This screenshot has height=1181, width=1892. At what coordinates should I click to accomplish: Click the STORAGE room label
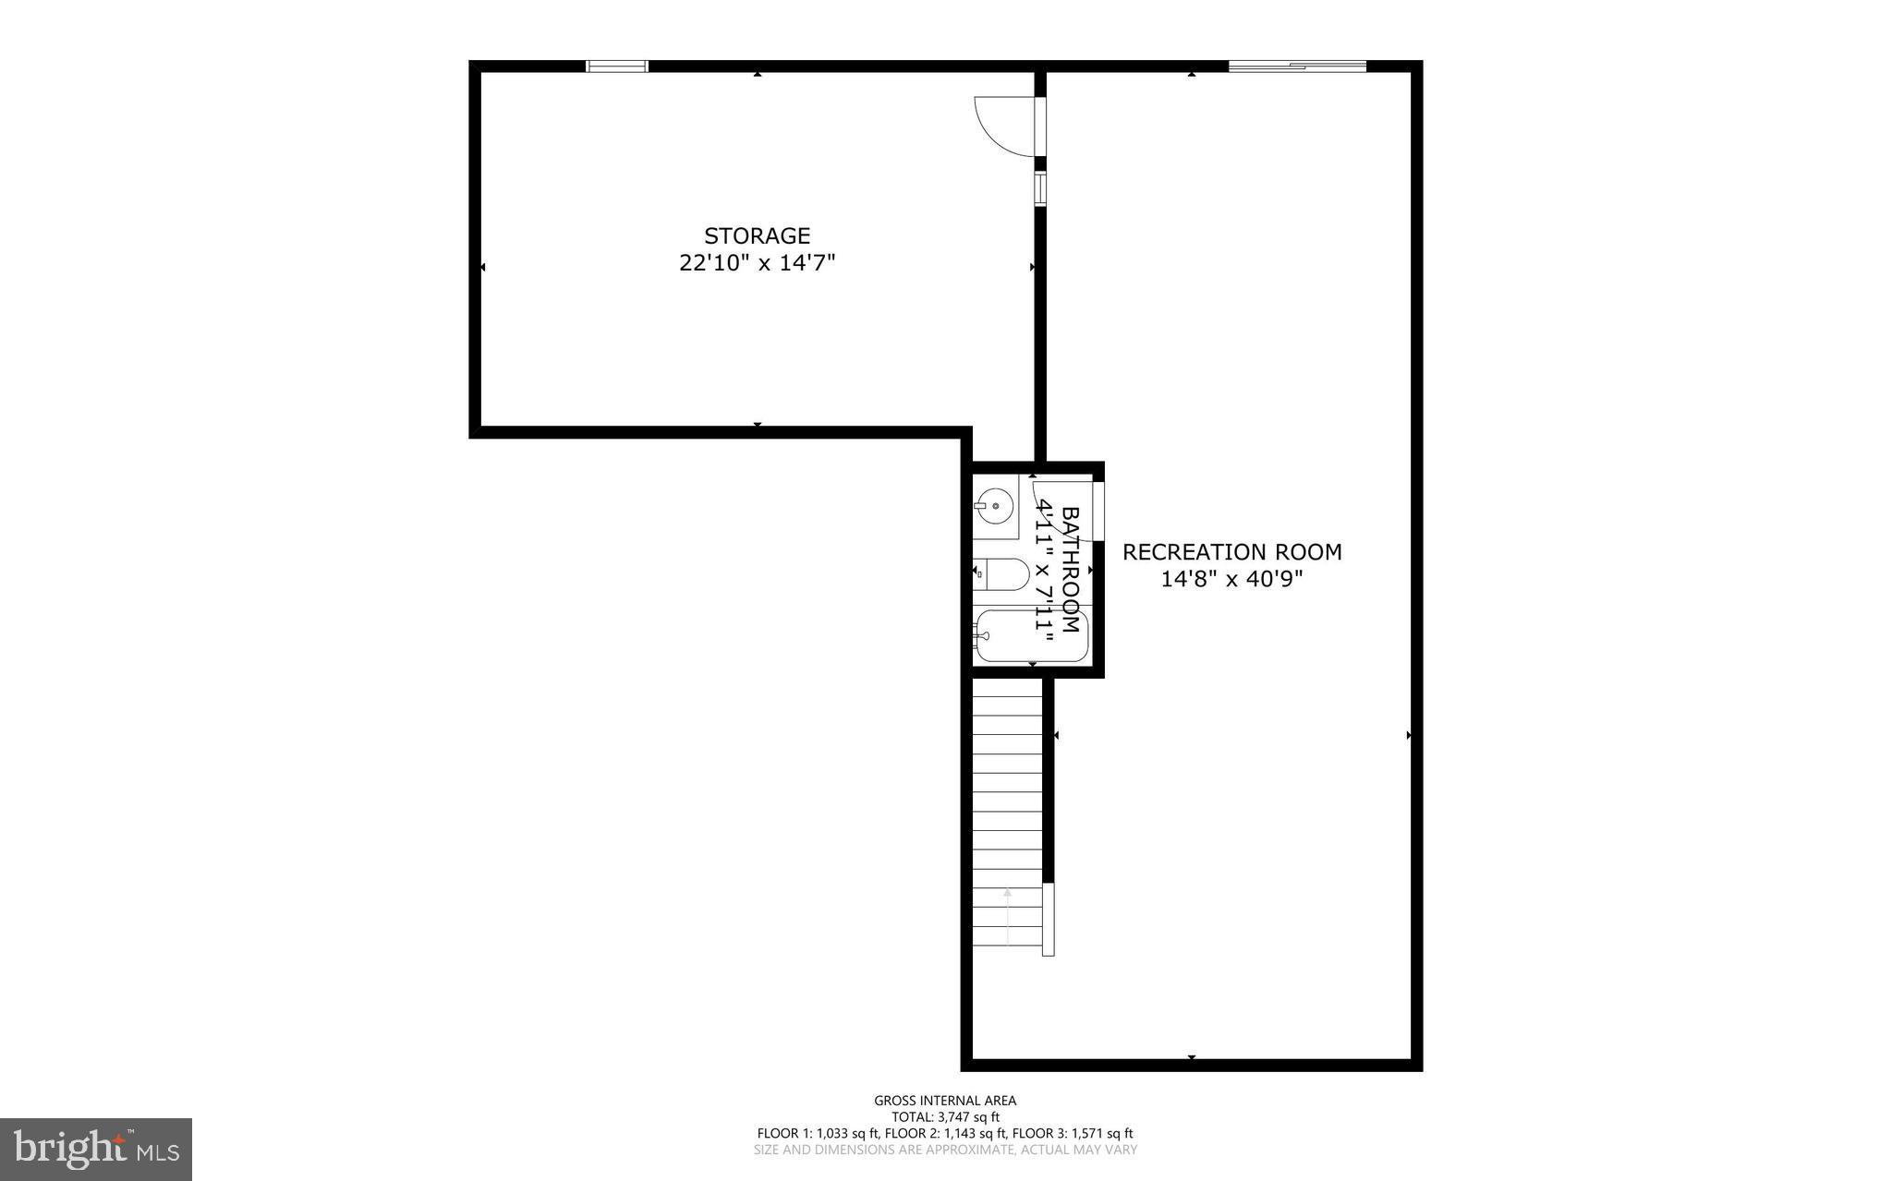(757, 235)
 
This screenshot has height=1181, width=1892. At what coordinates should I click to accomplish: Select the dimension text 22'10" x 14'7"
(757, 263)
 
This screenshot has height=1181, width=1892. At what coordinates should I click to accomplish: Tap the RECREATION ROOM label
(1231, 552)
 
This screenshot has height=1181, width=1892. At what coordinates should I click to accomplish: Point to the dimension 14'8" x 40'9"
(1231, 580)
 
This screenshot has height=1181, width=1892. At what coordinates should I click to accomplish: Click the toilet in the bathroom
(1001, 574)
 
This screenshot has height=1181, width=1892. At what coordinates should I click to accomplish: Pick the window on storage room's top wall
(617, 66)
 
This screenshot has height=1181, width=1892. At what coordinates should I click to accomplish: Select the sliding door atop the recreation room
(1296, 66)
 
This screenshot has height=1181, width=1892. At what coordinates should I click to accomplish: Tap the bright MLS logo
(96, 1149)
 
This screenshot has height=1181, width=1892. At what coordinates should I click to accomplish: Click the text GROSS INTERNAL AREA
(945, 1100)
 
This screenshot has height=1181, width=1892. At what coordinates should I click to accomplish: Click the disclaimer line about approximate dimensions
(945, 1150)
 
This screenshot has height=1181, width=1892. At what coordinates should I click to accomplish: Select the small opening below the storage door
(1039, 187)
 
